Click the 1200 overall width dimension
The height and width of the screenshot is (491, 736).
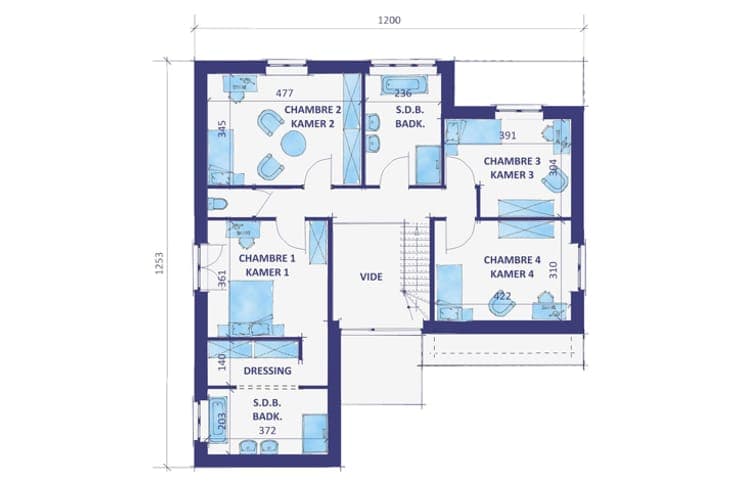(389, 20)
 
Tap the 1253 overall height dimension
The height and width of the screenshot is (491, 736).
(160, 263)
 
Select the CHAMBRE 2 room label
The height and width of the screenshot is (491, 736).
(313, 110)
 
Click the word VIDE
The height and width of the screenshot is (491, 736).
(371, 276)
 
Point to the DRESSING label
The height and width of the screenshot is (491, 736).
(268, 371)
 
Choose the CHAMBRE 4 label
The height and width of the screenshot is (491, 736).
(512, 260)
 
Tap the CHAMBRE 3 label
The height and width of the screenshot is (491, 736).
(512, 161)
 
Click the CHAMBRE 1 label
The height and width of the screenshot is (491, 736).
(267, 259)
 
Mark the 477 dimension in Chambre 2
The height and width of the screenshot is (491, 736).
(284, 93)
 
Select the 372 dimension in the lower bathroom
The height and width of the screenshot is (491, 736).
(268, 431)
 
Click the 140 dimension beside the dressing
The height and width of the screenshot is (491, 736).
(222, 362)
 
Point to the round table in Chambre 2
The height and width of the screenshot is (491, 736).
(294, 142)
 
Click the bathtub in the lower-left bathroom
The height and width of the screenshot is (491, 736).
(218, 421)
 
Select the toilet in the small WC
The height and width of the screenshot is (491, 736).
(217, 204)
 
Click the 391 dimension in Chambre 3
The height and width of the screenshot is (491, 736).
(507, 136)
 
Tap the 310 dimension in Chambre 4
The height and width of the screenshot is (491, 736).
(553, 270)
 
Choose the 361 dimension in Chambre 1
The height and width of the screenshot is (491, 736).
(222, 278)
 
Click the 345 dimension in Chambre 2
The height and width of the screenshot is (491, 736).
(222, 129)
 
